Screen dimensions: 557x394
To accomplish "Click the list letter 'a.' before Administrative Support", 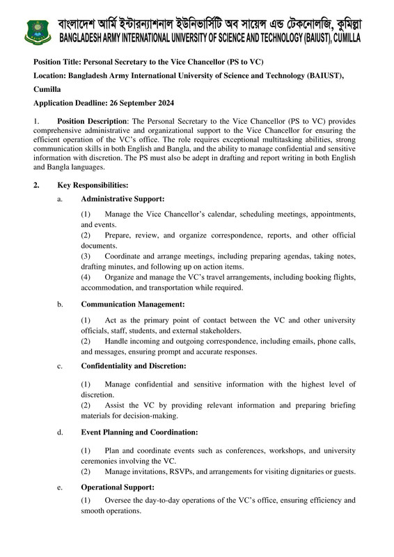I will (x=61, y=199).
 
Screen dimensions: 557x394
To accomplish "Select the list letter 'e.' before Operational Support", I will (x=61, y=487).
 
